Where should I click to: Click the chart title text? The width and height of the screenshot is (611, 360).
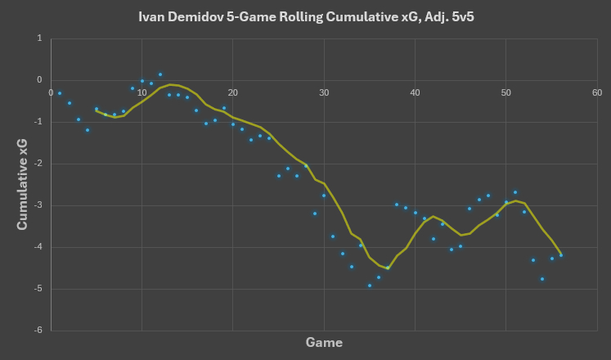(x=305, y=16)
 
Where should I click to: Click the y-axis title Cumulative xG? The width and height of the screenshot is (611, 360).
(x=24, y=184)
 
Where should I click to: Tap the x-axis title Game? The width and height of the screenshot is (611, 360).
(x=324, y=342)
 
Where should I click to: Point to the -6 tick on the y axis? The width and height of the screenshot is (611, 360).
(x=37, y=331)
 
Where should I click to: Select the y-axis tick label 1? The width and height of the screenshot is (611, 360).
(x=39, y=38)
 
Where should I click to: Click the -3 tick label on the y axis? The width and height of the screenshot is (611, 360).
(x=37, y=205)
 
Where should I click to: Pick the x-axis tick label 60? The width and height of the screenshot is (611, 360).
(x=597, y=92)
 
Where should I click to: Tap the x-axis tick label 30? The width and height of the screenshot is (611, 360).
(x=324, y=92)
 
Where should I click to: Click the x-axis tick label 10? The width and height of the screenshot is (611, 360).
(x=142, y=92)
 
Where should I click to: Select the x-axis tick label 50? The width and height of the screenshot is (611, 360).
(x=505, y=92)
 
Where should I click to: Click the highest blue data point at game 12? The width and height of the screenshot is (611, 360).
(x=160, y=74)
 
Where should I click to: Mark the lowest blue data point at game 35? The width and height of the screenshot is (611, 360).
(x=370, y=286)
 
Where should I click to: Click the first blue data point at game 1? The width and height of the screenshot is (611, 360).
(x=60, y=93)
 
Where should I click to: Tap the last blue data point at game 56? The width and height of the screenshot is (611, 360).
(x=560, y=255)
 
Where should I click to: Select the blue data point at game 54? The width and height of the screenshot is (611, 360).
(x=542, y=279)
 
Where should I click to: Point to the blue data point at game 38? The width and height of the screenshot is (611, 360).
(x=397, y=205)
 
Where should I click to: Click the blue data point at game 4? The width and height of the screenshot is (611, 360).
(x=88, y=130)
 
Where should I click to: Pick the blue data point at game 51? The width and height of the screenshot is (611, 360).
(x=514, y=192)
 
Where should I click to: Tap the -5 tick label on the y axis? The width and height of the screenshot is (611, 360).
(x=37, y=289)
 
